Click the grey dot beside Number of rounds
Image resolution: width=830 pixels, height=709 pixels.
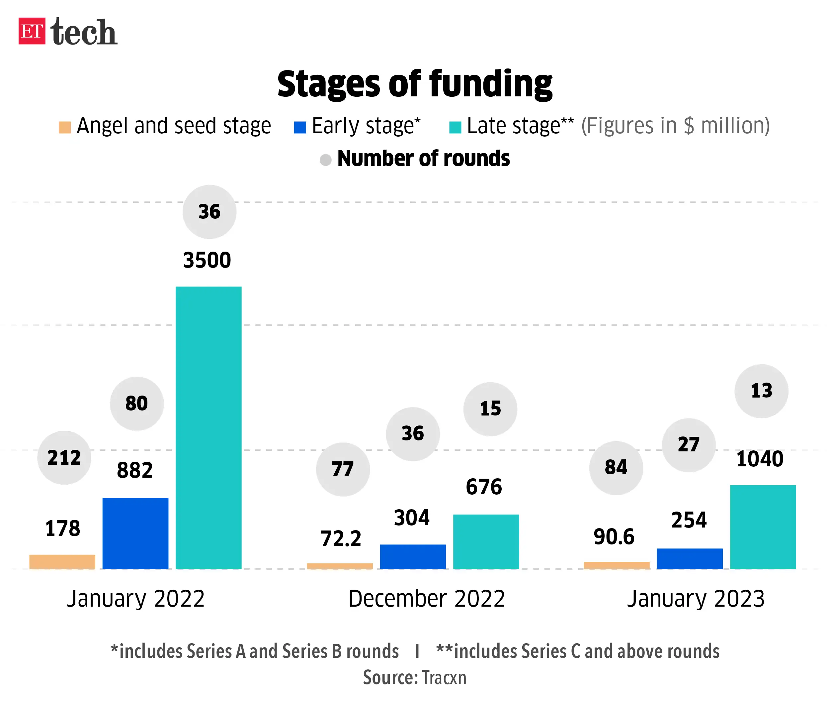325,160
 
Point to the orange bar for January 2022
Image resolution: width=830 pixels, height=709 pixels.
62,561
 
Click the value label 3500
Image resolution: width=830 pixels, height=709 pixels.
207,260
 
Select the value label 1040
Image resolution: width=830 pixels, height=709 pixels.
760,459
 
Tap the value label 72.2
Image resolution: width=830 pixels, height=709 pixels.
341,538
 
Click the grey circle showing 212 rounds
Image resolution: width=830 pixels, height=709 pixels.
64,458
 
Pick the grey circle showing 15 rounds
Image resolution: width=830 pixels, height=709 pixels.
490,409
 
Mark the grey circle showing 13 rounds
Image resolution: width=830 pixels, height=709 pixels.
761,391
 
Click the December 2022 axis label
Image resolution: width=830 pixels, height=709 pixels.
427,599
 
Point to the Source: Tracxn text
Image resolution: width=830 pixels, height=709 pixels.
415,678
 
